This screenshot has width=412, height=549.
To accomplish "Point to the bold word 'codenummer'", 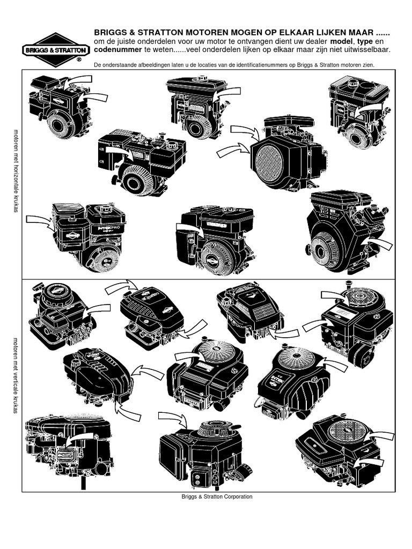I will [x=116, y=49].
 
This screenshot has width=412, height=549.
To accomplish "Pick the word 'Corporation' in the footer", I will [x=234, y=496].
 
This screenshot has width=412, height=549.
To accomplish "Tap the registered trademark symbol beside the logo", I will [x=79, y=61].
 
